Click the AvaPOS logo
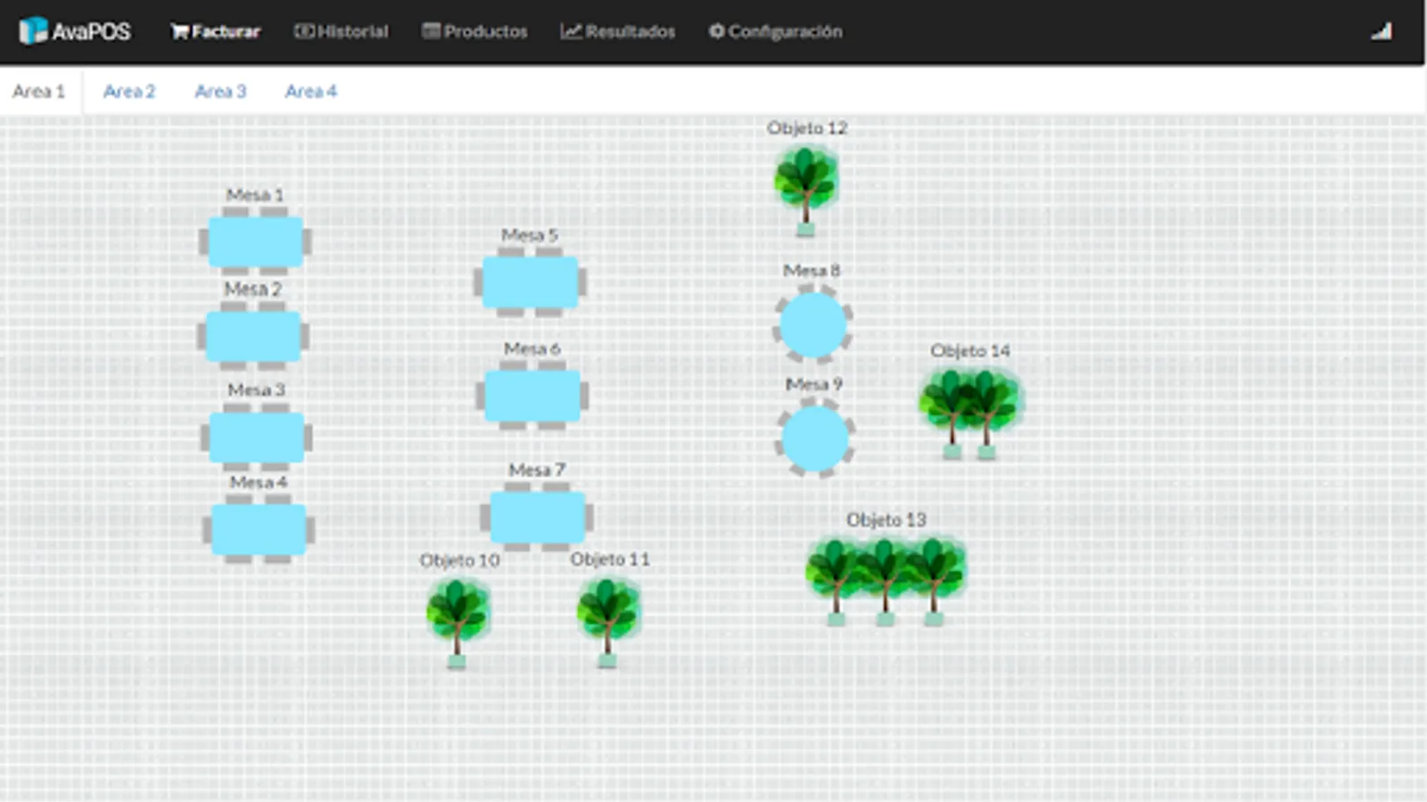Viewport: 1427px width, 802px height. (x=75, y=31)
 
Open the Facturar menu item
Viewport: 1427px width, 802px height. (x=216, y=31)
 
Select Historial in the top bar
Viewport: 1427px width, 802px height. (x=342, y=31)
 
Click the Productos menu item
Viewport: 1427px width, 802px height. (x=475, y=31)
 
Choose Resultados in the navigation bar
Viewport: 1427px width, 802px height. (x=618, y=31)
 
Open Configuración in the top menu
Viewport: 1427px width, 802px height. (x=776, y=31)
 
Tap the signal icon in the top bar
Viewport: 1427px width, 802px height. (x=1382, y=32)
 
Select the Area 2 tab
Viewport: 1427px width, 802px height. (x=129, y=91)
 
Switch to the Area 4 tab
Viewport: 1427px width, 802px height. (x=311, y=91)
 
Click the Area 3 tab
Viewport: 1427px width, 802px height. (x=220, y=91)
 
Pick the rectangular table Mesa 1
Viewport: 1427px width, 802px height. (x=256, y=241)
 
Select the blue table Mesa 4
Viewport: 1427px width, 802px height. (x=259, y=530)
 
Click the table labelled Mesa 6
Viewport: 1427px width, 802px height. (x=532, y=396)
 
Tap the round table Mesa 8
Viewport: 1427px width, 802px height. (x=812, y=325)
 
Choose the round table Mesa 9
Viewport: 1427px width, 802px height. (x=815, y=438)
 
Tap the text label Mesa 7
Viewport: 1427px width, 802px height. (x=537, y=470)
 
